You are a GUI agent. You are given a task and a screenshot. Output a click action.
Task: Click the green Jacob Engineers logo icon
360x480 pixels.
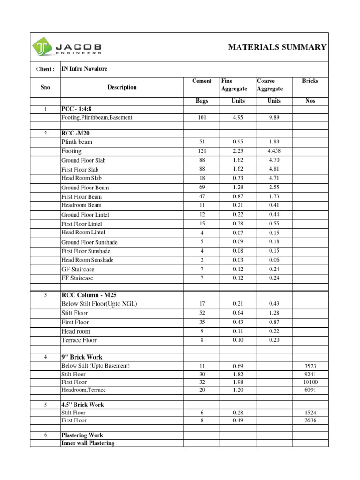[42, 47]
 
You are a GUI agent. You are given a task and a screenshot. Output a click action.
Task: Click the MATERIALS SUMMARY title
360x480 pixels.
[277, 47]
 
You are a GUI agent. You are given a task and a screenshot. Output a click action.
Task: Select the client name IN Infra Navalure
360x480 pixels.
[84, 69]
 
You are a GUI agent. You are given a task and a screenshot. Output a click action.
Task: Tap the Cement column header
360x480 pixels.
[202, 81]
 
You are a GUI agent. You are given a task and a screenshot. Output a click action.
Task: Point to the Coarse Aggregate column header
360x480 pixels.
[270, 85]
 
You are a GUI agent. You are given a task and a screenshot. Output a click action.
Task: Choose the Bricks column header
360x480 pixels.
[310, 81]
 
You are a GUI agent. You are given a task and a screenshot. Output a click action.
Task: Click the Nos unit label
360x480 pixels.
[310, 101]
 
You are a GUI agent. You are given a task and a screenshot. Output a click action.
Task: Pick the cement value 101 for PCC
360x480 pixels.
[202, 118]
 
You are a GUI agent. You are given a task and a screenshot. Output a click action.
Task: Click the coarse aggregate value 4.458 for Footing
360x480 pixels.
[274, 151]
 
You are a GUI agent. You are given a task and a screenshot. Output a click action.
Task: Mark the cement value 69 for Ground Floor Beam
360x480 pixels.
[202, 187]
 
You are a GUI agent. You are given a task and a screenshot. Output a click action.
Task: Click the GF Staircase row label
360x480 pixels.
[78, 269]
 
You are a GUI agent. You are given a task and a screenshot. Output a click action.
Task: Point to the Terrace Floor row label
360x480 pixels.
[79, 340]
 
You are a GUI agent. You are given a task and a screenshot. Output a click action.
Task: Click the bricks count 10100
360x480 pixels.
[310, 382]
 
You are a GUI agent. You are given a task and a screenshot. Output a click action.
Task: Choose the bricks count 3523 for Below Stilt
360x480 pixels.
[310, 366]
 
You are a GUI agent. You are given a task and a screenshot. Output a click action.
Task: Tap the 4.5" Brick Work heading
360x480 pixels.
[82, 405]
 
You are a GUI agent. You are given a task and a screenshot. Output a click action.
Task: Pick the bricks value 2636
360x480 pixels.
[310, 420]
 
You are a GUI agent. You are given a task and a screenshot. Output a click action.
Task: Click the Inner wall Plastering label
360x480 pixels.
[88, 443]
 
